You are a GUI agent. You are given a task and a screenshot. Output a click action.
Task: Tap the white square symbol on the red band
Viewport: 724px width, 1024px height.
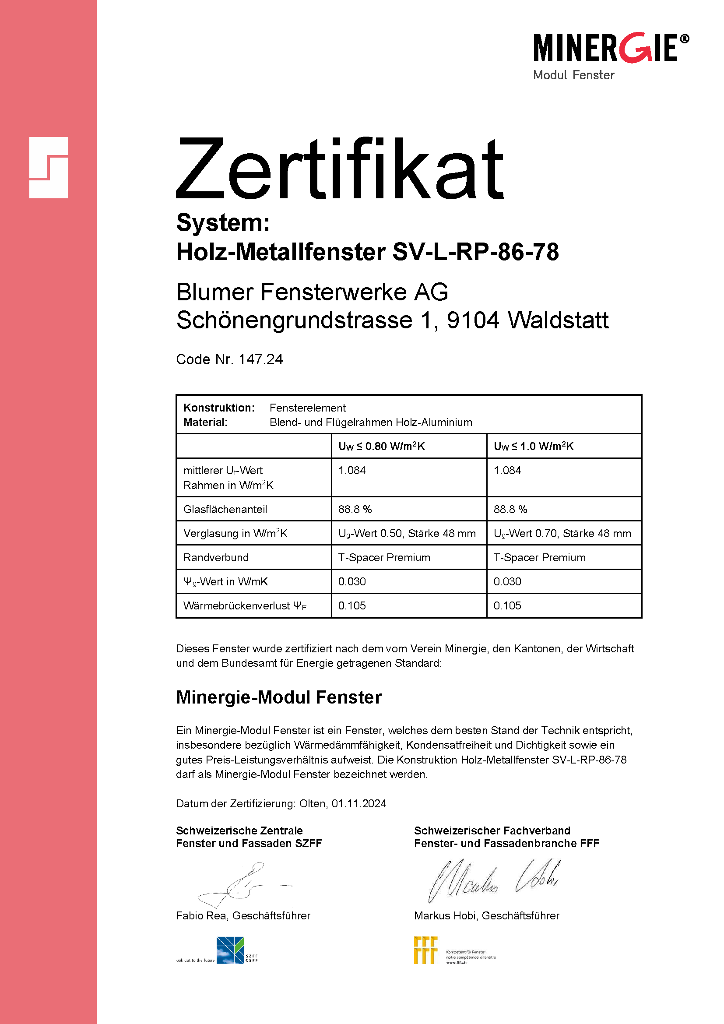(x=48, y=168)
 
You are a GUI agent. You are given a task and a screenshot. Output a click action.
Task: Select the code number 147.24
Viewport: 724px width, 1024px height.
(x=261, y=359)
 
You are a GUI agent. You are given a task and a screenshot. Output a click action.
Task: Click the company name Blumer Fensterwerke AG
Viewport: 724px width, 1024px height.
(x=312, y=292)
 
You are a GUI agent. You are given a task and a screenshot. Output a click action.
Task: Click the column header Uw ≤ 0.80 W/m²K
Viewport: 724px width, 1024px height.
(x=381, y=447)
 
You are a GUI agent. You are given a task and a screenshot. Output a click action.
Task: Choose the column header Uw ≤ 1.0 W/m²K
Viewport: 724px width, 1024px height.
(x=533, y=447)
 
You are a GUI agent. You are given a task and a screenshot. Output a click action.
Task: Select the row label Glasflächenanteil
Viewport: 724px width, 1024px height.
(x=225, y=509)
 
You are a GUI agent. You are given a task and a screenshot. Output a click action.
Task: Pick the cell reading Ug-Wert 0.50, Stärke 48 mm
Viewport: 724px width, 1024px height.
(x=407, y=533)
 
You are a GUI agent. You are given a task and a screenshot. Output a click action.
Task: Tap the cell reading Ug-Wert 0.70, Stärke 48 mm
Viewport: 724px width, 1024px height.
(x=562, y=533)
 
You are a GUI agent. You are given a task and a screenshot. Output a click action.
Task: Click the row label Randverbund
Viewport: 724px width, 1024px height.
(x=216, y=557)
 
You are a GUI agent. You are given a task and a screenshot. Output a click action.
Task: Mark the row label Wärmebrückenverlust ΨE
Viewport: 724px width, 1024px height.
(x=245, y=605)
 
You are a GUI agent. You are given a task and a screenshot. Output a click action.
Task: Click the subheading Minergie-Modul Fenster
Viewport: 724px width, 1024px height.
(x=279, y=697)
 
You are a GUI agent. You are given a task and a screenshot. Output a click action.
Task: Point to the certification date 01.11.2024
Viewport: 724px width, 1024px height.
(x=359, y=804)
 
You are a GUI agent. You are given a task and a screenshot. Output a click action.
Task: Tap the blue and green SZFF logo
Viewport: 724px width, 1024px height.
(x=231, y=950)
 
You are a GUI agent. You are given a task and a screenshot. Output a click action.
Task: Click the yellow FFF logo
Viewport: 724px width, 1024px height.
(x=425, y=950)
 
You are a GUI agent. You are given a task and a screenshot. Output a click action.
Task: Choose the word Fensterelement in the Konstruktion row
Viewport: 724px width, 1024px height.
(x=308, y=408)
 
